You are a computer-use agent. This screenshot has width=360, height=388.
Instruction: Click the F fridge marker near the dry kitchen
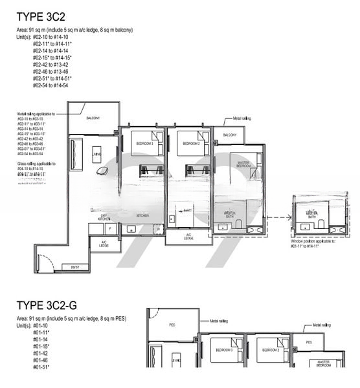[x=110, y=228]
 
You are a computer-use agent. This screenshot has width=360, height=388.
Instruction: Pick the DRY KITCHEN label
[x=104, y=217]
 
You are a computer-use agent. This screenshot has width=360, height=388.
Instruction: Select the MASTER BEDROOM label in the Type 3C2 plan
[x=243, y=164]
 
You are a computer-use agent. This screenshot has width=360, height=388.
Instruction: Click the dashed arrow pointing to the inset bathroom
[x=277, y=219]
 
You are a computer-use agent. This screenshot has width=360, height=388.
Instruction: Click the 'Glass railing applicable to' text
[x=36, y=164]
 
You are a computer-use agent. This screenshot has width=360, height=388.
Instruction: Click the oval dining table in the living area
[x=102, y=170]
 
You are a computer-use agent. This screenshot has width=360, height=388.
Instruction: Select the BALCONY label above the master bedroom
[x=229, y=135]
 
